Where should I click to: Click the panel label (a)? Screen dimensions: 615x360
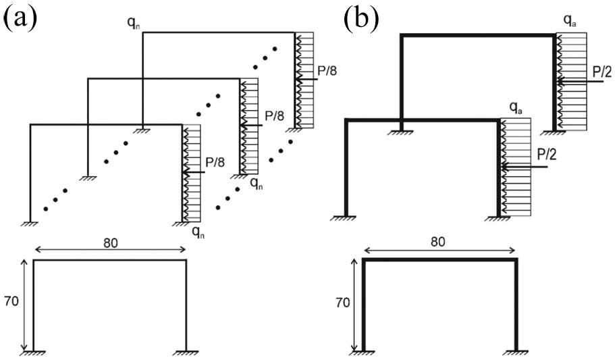(x=20, y=18)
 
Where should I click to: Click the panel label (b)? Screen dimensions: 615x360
(x=362, y=18)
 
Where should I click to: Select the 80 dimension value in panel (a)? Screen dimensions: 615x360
(x=111, y=243)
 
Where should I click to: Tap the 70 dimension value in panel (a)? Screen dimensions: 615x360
(x=11, y=301)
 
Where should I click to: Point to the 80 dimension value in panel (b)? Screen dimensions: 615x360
(x=437, y=241)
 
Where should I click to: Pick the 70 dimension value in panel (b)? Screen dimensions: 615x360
(x=343, y=303)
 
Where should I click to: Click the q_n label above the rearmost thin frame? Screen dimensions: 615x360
(x=134, y=22)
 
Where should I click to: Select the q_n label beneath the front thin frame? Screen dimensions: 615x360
(x=198, y=232)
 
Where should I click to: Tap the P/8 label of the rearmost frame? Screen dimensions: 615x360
(x=327, y=71)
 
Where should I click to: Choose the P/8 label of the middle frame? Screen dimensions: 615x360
(x=274, y=115)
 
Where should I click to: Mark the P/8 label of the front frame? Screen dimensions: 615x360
(x=215, y=163)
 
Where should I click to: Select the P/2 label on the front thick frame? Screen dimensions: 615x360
(x=547, y=155)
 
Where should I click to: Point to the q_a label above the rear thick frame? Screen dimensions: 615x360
(x=570, y=20)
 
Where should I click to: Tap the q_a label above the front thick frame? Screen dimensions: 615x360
(x=515, y=107)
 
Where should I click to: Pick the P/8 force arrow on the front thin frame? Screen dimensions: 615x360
(x=194, y=172)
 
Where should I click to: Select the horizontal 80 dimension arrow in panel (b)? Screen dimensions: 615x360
(x=439, y=251)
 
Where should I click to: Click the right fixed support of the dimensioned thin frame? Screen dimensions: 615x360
(x=186, y=352)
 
